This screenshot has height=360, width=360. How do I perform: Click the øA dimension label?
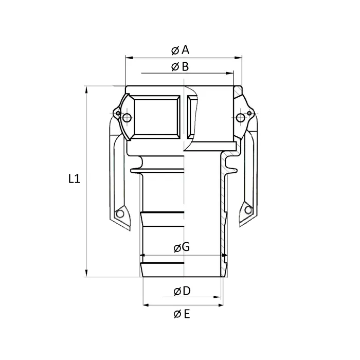tap(181, 50)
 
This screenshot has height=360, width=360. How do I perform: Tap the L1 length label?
tap(75, 179)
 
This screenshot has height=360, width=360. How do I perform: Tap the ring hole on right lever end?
tap(248, 209)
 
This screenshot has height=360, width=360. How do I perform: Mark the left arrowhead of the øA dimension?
tap(129, 58)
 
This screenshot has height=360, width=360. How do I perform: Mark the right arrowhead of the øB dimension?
tap(231, 74)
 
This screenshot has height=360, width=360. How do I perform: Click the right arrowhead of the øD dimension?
tap(218, 297)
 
